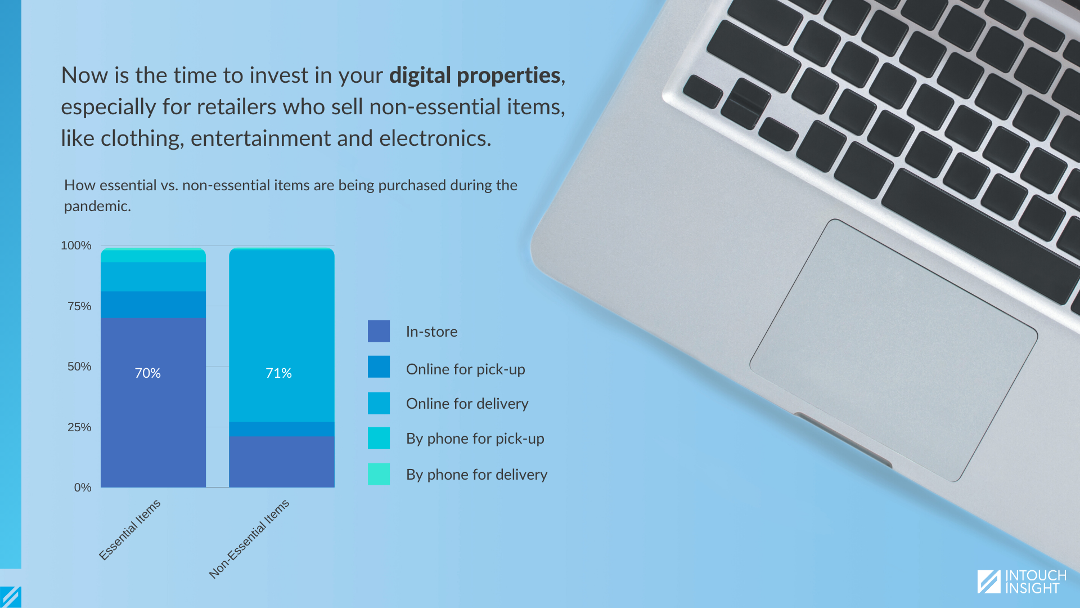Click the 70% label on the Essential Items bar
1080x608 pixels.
pos(147,373)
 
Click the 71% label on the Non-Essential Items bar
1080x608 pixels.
pos(278,373)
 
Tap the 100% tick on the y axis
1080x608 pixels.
pos(76,245)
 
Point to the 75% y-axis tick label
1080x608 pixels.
pos(79,306)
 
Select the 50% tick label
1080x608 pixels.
pos(79,366)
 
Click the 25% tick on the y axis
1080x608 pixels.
pos(79,427)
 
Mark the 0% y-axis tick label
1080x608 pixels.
pos(83,488)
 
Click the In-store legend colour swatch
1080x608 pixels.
pos(379,331)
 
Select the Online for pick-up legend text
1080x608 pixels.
pos(466,369)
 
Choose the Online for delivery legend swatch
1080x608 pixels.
pos(379,403)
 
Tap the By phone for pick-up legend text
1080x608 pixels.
pos(475,439)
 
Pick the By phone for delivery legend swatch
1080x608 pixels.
pos(379,474)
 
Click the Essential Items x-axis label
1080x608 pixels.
pos(130,530)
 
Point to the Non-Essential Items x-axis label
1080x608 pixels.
pos(249,539)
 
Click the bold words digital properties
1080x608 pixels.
pos(475,75)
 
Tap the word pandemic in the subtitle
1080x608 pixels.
pos(97,206)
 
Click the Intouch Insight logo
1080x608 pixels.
pos(1021,582)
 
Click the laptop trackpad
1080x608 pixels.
pos(893,350)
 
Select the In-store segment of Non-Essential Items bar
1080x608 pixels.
pos(282,462)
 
